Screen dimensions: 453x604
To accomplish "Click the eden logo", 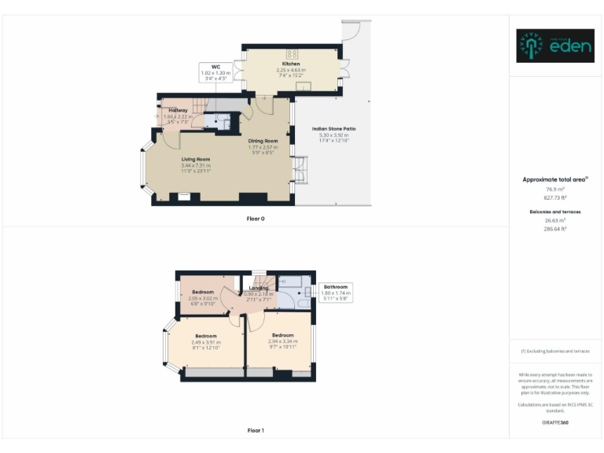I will point(555,46).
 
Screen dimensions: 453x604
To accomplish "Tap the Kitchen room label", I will point(291,64).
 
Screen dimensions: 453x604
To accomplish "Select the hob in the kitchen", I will point(292,54).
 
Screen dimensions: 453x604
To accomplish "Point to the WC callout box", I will point(215,73).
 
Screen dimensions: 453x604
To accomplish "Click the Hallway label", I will point(178,110).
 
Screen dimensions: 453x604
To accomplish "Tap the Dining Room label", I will point(263,141).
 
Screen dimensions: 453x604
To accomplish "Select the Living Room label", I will point(196,159).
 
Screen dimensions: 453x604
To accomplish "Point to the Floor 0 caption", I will point(256,218).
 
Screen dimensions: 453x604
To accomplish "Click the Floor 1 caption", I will point(256,430).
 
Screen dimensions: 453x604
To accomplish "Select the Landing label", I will point(259,289).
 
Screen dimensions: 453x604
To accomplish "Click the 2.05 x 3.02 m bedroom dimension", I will point(203,299).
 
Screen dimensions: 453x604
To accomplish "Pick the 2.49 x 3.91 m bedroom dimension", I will point(206,342).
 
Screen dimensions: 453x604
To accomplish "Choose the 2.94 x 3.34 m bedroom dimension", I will point(282,341).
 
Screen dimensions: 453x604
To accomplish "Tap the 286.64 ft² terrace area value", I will point(556,229).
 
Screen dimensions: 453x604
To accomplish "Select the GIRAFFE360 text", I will point(555,422).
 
